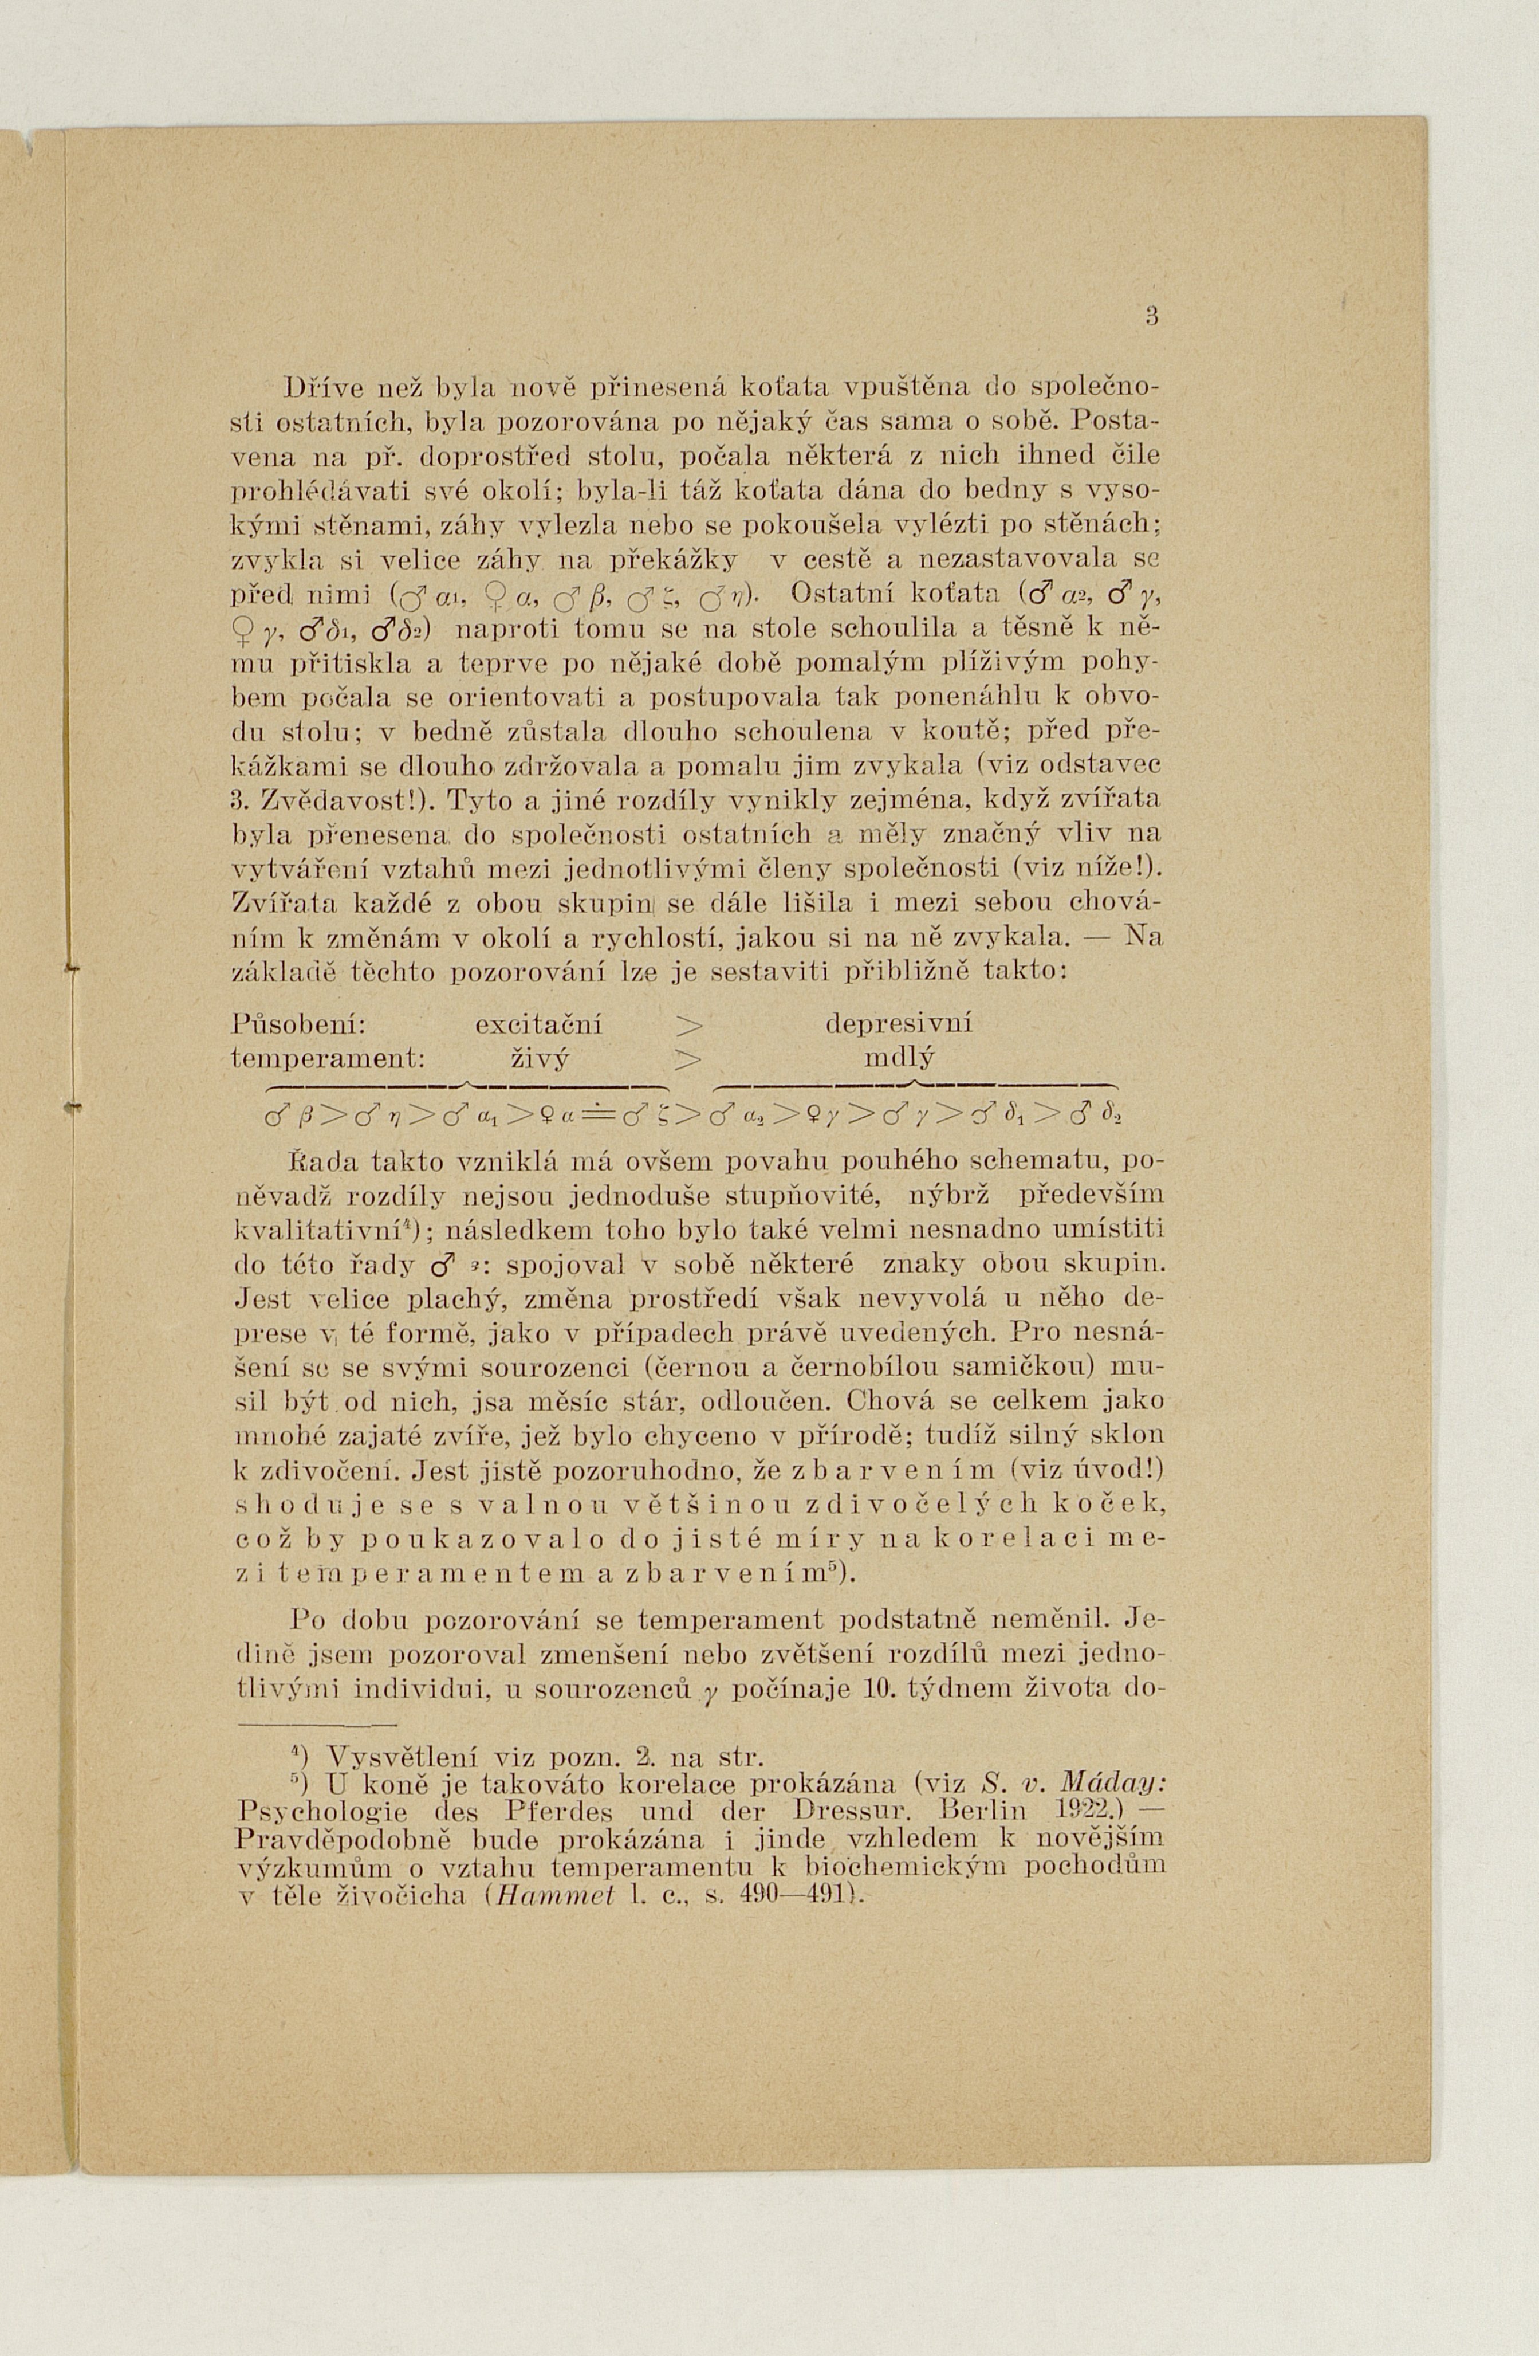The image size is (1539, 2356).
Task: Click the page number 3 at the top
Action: point(1151,319)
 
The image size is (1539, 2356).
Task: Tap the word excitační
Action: point(540,1023)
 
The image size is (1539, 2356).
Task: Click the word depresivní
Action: point(899,1023)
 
